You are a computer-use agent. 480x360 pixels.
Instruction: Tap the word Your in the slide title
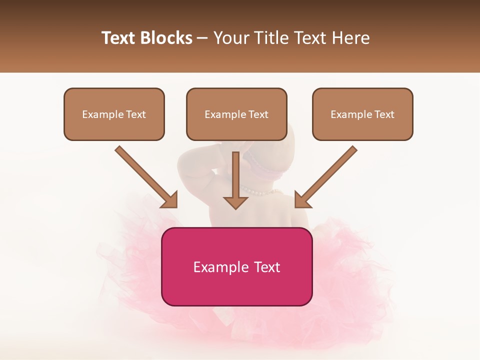click(x=230, y=38)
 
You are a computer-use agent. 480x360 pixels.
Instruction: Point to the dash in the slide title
click(x=202, y=38)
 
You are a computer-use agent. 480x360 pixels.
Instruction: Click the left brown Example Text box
click(x=114, y=114)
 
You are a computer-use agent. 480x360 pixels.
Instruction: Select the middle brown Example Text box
click(x=236, y=114)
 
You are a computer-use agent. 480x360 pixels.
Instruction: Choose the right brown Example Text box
click(x=362, y=114)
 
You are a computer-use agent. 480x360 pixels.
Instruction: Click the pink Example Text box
click(x=236, y=266)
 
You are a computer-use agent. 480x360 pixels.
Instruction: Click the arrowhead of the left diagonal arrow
click(x=170, y=199)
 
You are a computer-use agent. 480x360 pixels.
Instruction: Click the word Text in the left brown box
click(x=135, y=114)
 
